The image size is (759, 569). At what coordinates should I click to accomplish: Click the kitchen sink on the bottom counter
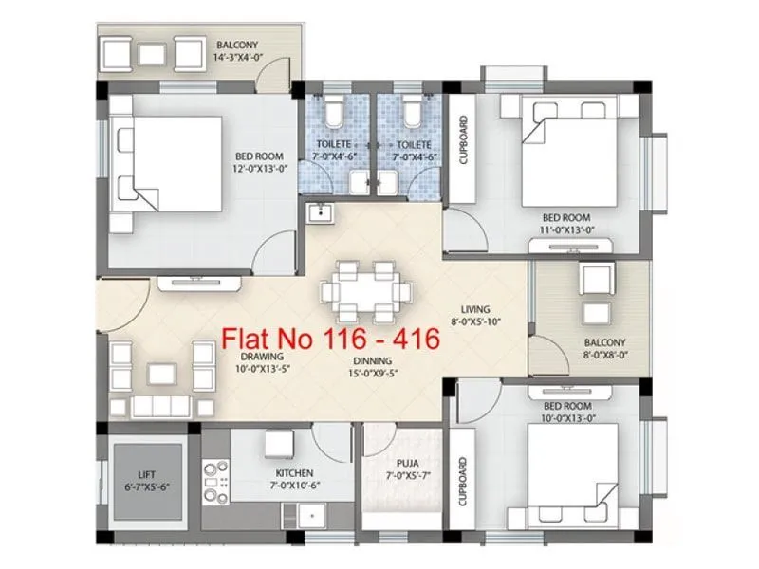308,513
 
